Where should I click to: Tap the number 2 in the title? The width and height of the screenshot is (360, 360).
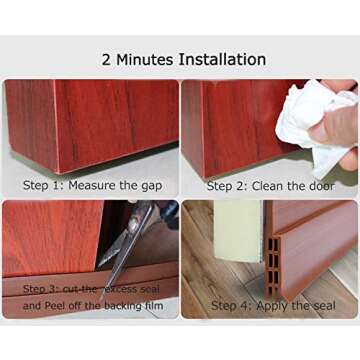click(107, 59)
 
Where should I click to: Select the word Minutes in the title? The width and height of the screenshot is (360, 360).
click(146, 59)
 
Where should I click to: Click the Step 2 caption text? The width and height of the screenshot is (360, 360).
click(271, 185)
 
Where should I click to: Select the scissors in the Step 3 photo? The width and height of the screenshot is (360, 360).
click(130, 240)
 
